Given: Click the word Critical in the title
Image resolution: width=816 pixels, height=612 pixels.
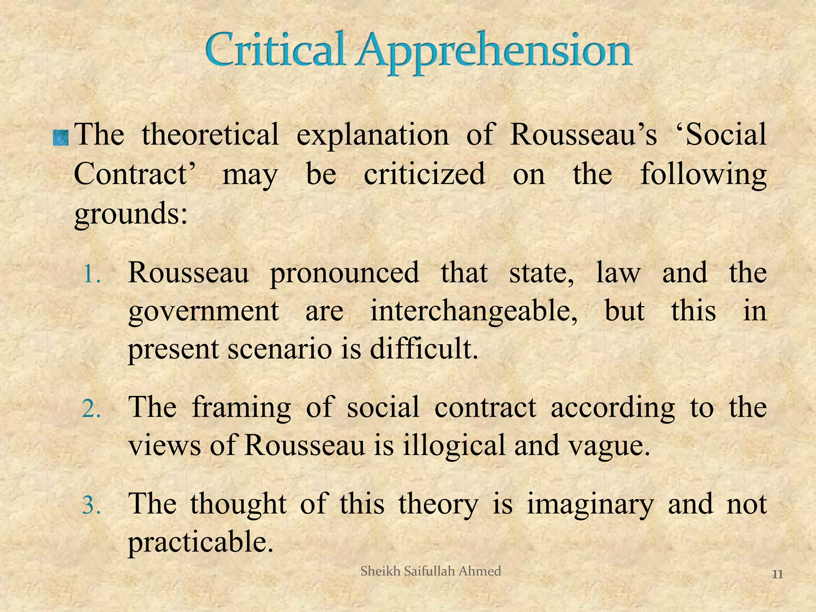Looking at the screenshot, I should coord(275,51).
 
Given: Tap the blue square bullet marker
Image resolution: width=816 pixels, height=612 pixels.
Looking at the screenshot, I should coord(61,138).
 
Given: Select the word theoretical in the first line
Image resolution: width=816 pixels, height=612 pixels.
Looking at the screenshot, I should coord(210,134).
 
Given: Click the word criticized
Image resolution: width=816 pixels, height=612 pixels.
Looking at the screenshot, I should coord(424,174).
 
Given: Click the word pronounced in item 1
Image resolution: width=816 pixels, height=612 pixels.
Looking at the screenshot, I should coord(344,274).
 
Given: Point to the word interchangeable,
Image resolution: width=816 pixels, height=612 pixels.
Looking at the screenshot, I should coord(474,312).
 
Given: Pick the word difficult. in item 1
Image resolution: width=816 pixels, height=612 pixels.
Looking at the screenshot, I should coord(424,349).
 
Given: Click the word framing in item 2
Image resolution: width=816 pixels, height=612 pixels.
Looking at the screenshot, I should coord(241,408).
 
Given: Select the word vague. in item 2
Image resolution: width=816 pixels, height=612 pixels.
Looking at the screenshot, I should coord(609,445).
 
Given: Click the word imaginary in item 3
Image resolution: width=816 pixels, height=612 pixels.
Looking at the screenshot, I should coord(590,505).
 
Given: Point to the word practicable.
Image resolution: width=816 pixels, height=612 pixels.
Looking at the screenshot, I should coord(201,542).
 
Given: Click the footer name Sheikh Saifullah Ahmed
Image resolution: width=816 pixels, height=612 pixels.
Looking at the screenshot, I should coord(431,571).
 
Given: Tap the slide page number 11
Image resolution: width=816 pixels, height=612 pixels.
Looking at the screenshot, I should coord(777,574).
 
